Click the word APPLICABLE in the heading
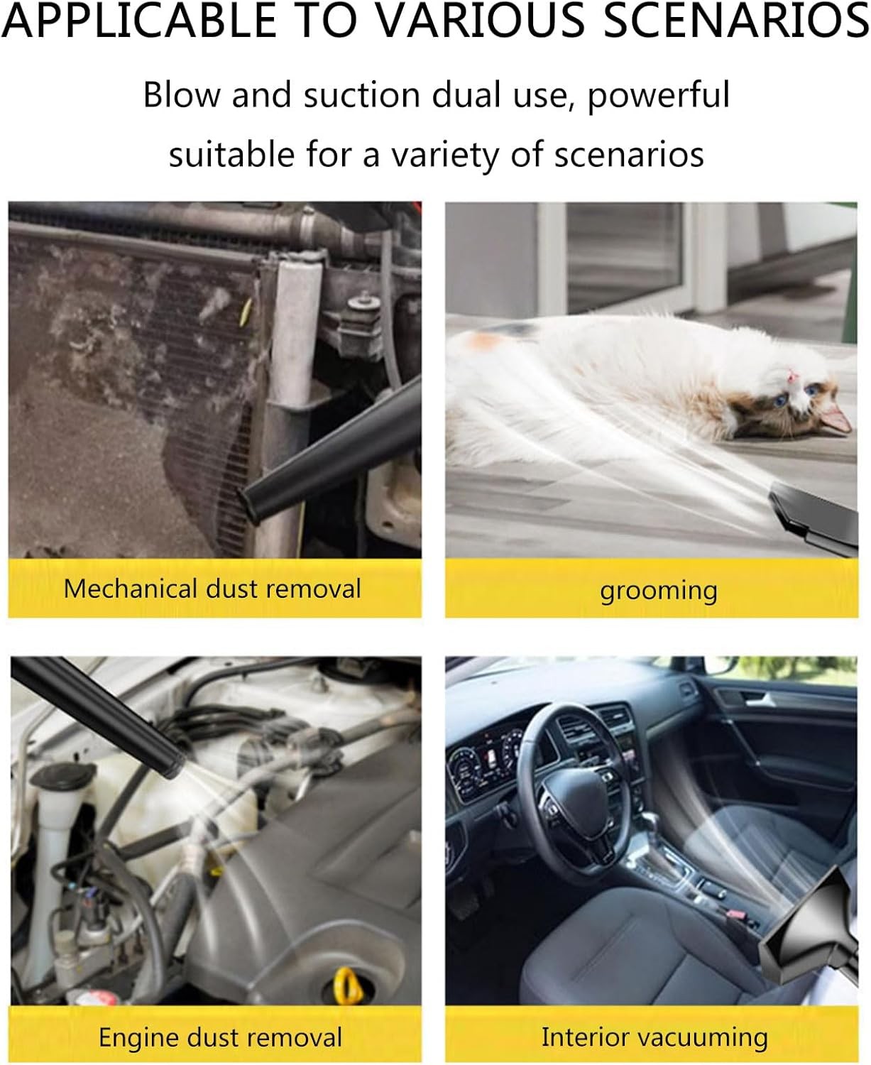(x=139, y=21)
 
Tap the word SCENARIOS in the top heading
(x=735, y=21)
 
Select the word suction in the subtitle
(x=361, y=95)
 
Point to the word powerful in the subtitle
(x=659, y=94)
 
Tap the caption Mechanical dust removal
(x=212, y=589)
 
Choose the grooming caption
(x=659, y=591)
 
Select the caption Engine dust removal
(x=220, y=1037)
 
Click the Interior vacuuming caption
(x=654, y=1037)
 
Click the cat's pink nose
(x=791, y=376)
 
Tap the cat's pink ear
(x=836, y=419)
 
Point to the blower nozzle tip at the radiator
(x=253, y=505)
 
